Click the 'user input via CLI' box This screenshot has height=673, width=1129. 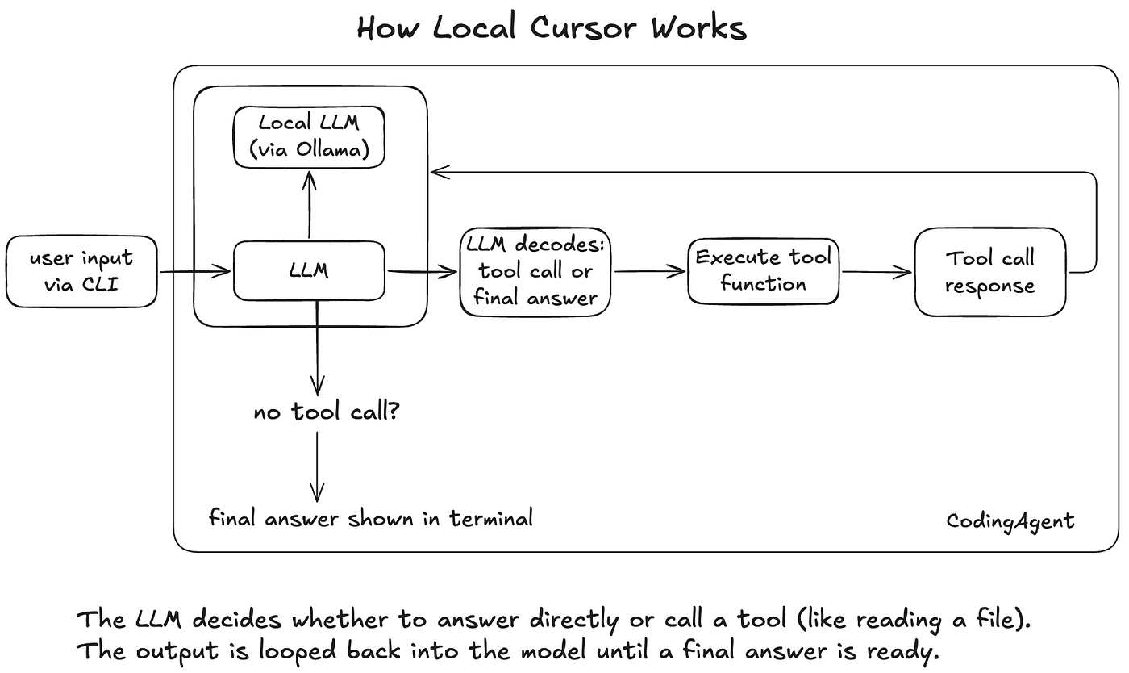81,271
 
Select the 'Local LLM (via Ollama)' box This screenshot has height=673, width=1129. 309,136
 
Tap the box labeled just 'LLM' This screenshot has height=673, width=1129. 309,270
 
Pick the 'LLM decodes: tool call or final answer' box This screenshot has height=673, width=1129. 535,271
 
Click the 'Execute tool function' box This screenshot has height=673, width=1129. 763,270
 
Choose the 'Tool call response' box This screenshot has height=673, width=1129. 990,272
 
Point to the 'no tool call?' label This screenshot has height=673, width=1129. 327,413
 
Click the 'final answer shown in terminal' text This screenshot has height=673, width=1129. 371,518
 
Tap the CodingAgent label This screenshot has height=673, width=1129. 1010,521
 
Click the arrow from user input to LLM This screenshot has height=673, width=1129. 195,272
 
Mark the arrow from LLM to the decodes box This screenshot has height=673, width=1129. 423,272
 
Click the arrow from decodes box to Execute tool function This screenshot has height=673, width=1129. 649,272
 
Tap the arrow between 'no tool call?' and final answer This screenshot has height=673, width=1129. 317,468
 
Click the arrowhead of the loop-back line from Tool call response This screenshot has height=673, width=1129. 436,170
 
